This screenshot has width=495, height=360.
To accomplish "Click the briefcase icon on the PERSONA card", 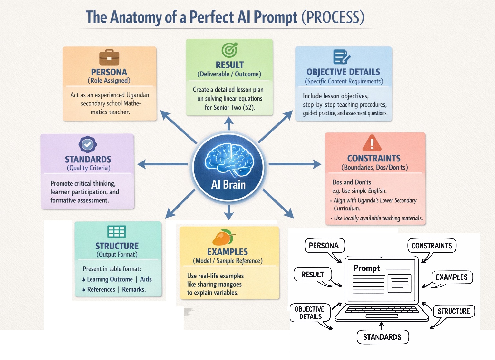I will (x=109, y=58).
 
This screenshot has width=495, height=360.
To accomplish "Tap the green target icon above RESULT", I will (x=229, y=50).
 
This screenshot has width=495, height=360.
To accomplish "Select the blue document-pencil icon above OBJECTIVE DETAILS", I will (x=341, y=57).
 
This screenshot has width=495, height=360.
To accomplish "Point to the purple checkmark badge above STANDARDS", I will (x=88, y=144).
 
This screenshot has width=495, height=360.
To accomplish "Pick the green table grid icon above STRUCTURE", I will (x=116, y=231).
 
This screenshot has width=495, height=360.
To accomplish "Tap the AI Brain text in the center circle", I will (x=228, y=185).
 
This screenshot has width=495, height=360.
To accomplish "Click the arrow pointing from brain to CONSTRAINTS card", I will (x=295, y=164).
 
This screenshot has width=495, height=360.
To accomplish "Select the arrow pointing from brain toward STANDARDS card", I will (x=163, y=164).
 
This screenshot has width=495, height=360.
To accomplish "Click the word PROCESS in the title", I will (x=333, y=17).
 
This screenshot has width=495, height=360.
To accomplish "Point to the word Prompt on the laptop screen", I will (x=366, y=268).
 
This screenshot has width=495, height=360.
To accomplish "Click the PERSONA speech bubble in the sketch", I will (x=324, y=246).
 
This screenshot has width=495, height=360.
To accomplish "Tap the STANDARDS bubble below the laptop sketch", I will (x=382, y=337).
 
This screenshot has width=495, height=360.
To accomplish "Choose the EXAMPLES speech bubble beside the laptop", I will (x=451, y=277).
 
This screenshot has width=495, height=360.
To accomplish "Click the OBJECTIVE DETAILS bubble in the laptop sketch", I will (x=310, y=313).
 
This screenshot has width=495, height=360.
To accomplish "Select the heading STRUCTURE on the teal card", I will (x=117, y=246).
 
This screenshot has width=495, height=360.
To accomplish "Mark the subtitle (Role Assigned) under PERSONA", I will (x=109, y=81).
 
